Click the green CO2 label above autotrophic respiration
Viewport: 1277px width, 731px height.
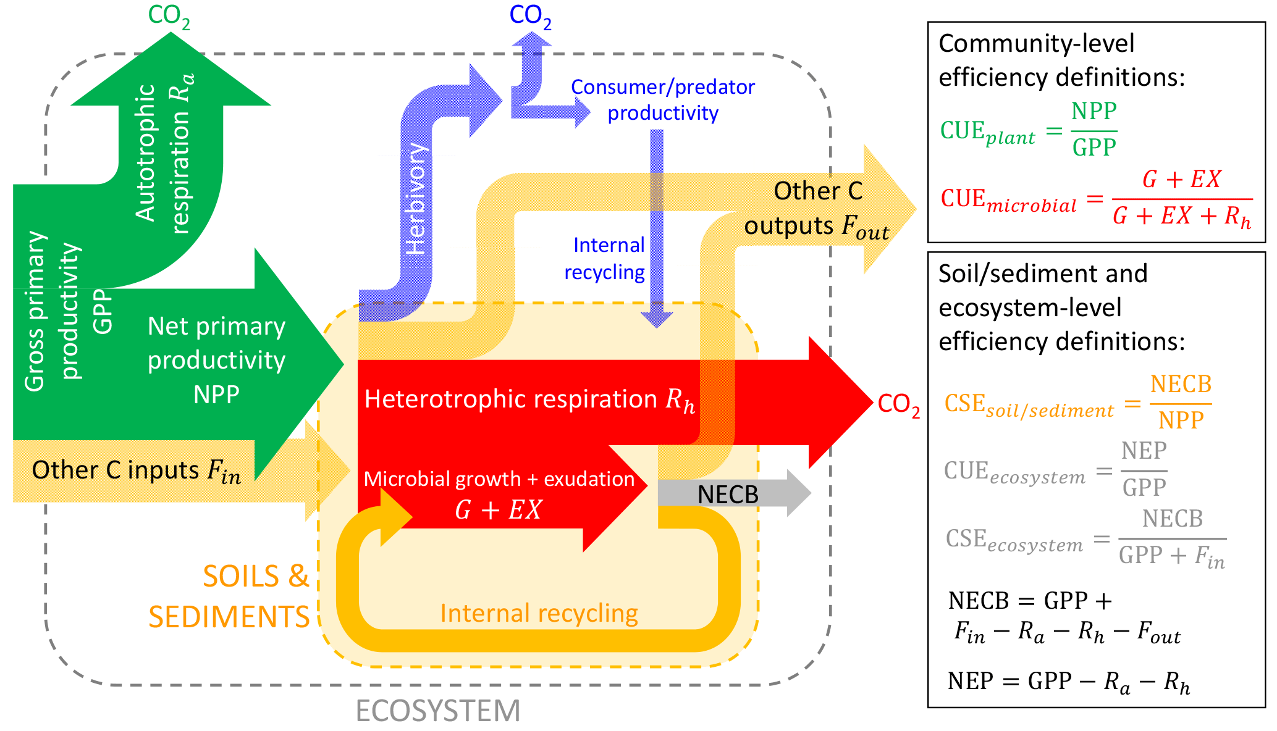coord(169,17)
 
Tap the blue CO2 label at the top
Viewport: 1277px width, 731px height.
coord(529,17)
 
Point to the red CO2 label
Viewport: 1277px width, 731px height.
coord(898,404)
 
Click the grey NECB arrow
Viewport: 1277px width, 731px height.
coord(729,494)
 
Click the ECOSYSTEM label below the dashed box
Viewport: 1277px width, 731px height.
coord(438,711)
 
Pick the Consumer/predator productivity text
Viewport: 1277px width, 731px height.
coord(663,100)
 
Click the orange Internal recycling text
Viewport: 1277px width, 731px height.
coord(539,613)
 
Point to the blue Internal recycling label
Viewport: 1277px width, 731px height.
coord(605,258)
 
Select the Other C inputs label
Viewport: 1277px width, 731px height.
coord(136,470)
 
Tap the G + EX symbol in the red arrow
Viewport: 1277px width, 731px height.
coord(498,510)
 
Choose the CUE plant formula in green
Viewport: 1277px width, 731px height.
coord(1029,130)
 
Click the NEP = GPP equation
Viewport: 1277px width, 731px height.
coord(1068,681)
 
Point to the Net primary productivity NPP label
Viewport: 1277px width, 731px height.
coord(216,360)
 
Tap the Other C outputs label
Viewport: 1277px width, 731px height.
coord(817,209)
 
